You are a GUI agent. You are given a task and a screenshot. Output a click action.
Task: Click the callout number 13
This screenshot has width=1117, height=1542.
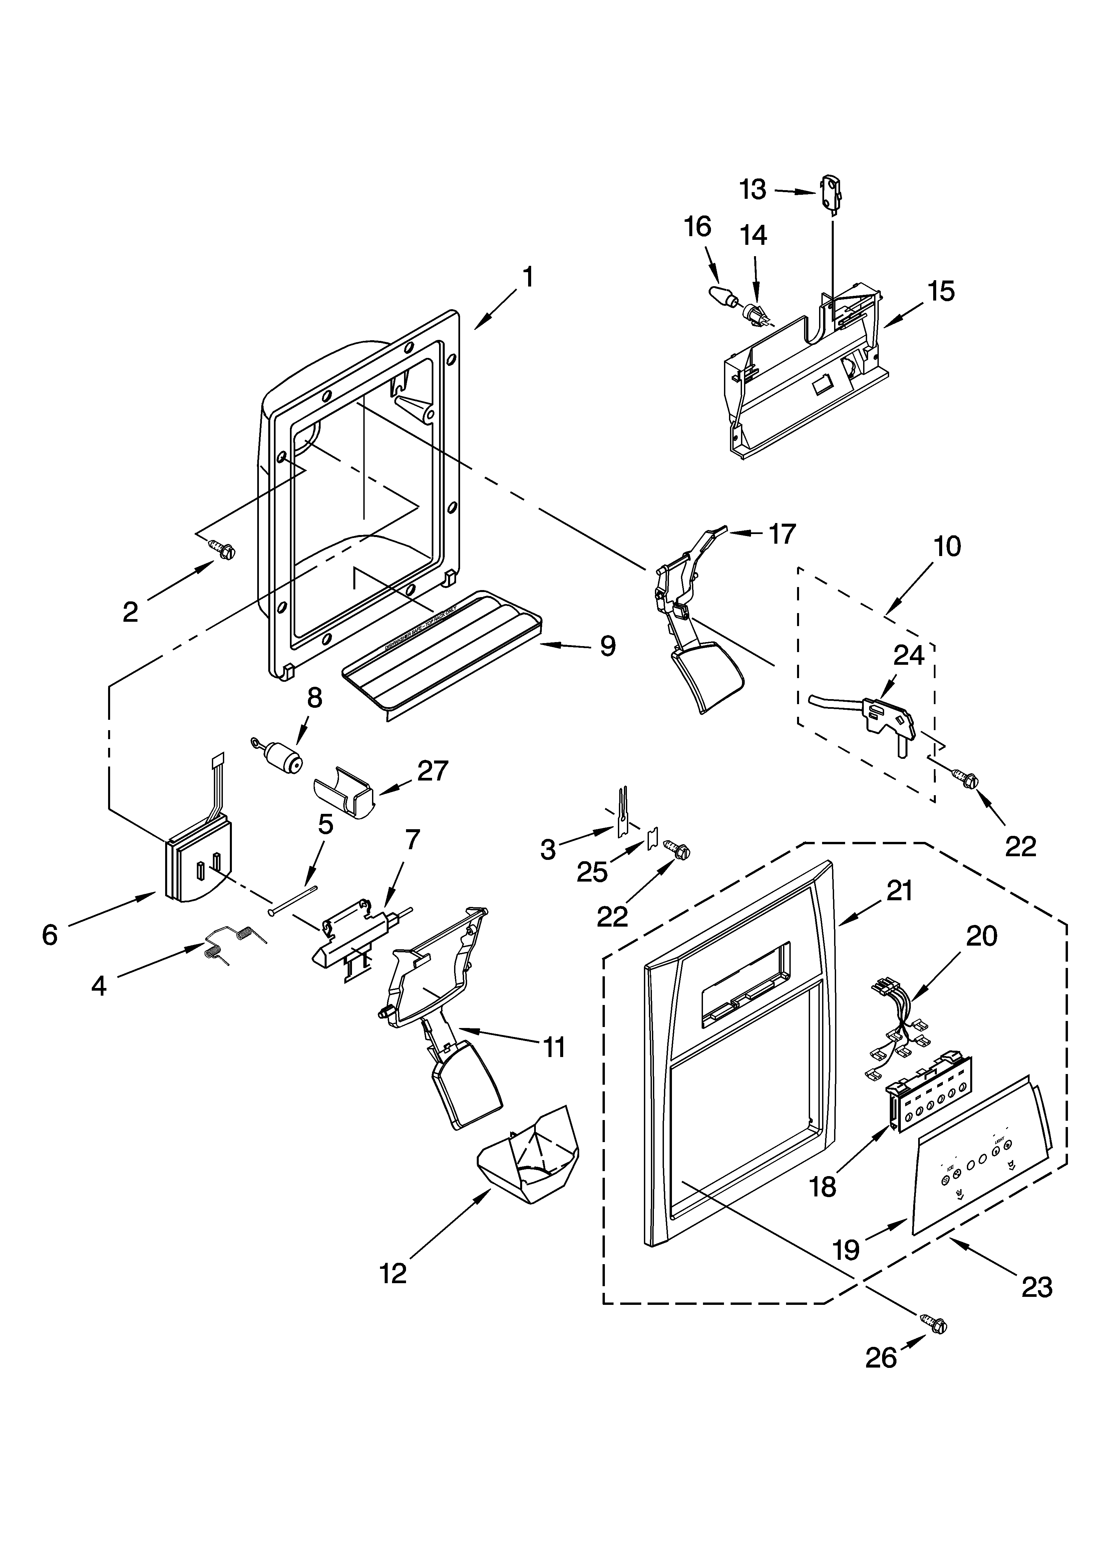(x=753, y=190)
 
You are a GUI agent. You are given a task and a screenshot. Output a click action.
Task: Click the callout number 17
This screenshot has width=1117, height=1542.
(x=782, y=534)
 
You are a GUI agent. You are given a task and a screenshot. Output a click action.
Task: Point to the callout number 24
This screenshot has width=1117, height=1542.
(x=909, y=655)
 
